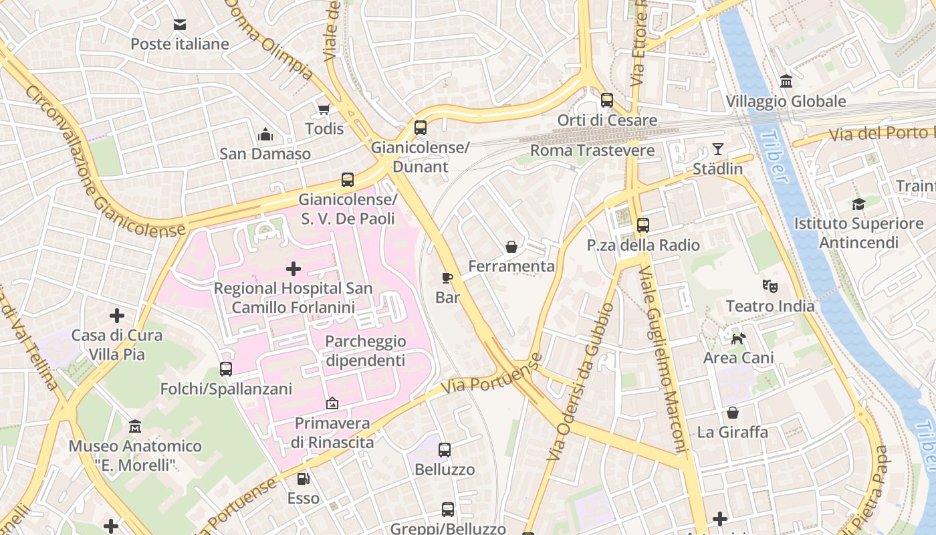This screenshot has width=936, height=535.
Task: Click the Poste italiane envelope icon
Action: [180, 25]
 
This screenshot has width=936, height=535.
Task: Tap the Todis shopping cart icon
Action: [324, 109]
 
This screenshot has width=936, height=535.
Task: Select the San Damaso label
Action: [265, 154]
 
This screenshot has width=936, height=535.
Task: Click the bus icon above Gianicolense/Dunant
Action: [421, 127]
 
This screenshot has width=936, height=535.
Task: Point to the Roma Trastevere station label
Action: [592, 150]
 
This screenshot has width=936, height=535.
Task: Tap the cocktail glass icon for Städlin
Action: [718, 148]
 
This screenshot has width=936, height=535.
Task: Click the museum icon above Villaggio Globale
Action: [786, 82]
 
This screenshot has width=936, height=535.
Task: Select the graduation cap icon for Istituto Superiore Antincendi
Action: [858, 203]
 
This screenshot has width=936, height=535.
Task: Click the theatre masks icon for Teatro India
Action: [770, 286]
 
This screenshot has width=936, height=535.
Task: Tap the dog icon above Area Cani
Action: [738, 338]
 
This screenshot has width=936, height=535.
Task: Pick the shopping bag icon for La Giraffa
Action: [733, 413]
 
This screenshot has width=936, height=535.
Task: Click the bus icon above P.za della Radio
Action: [643, 225]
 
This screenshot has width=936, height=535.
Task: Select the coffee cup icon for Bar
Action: [447, 277]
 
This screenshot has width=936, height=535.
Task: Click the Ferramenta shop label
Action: [511, 266]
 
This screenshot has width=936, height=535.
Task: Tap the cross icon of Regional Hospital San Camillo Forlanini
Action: [293, 269]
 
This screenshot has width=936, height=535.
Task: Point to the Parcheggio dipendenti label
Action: [365, 350]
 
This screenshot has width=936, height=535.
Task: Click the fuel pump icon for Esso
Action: [304, 478]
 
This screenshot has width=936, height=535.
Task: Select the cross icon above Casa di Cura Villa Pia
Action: [117, 315]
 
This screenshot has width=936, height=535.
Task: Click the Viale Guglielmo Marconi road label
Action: [662, 361]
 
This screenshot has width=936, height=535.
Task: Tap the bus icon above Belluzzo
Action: [445, 450]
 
